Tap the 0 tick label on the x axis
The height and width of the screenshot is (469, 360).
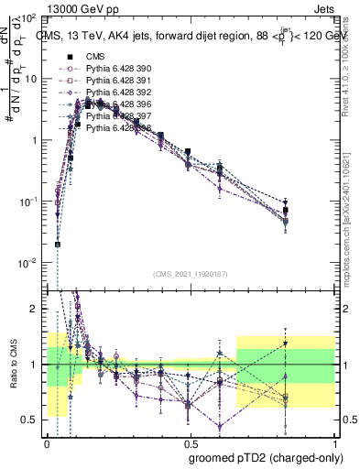[47, 442]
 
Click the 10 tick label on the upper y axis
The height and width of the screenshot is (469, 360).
[31, 79]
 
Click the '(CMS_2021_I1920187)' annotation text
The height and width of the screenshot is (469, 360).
[190, 274]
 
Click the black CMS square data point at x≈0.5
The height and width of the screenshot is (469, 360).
[188, 151]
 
